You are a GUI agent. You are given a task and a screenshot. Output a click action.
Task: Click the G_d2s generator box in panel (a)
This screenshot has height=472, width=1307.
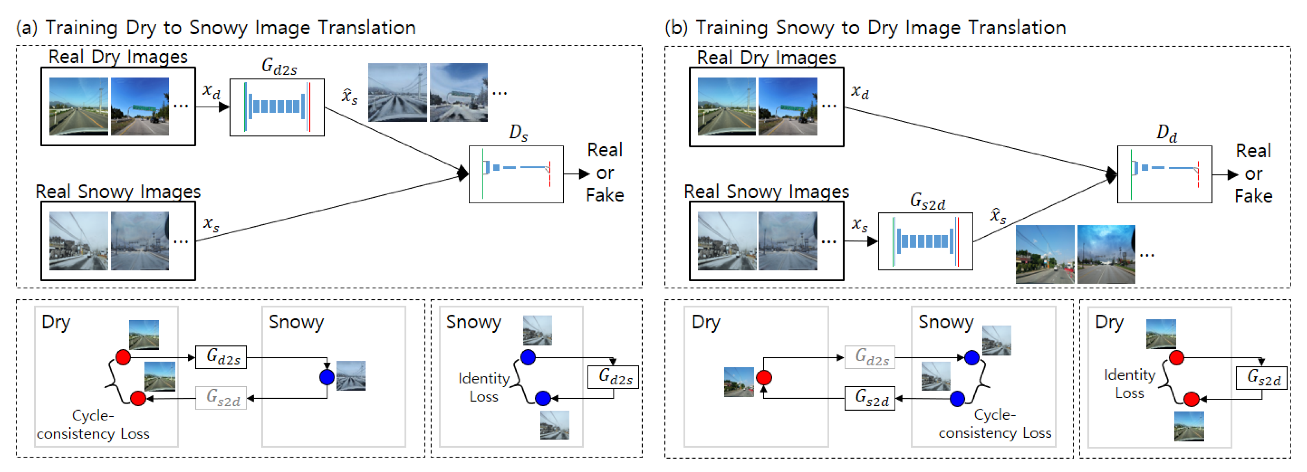tap(277, 107)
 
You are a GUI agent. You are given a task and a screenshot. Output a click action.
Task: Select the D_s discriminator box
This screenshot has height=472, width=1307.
tap(516, 174)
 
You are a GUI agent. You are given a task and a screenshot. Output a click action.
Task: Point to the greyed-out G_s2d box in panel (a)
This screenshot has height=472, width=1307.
tap(221, 398)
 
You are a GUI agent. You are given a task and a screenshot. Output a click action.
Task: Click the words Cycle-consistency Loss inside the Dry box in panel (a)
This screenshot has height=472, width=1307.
tap(93, 425)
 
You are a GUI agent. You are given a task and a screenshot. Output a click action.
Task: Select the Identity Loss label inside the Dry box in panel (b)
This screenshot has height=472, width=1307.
tap(1130, 384)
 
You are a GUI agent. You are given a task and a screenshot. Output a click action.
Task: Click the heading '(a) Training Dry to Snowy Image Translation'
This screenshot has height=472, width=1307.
tap(216, 28)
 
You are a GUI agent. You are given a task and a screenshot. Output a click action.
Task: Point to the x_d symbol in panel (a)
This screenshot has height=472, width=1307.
tap(211, 91)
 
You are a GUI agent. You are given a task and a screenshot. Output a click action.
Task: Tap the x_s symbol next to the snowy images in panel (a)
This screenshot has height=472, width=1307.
tap(211, 223)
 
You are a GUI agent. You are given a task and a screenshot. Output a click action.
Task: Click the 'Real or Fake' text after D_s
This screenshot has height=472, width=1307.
tap(604, 173)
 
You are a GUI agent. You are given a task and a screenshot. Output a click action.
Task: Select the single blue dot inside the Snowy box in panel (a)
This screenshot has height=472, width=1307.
tap(327, 377)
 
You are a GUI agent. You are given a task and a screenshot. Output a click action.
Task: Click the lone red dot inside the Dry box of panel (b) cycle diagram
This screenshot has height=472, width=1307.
tap(763, 377)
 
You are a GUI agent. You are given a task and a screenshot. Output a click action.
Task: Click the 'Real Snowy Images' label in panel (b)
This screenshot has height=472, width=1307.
tap(766, 192)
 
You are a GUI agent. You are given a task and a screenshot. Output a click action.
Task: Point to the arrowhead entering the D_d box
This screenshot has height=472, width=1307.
tap(1111, 174)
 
